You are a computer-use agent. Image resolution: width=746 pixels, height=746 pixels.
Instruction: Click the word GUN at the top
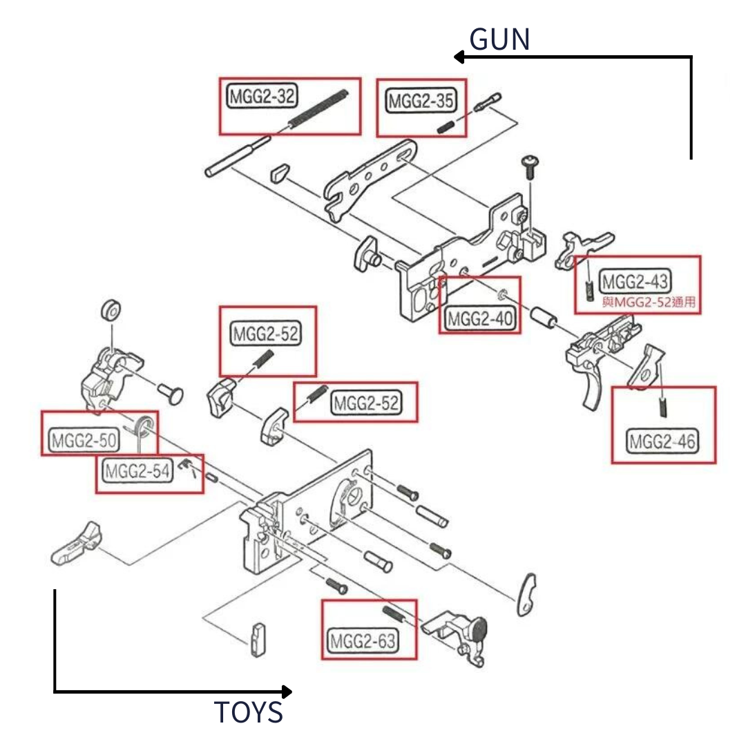click(499, 40)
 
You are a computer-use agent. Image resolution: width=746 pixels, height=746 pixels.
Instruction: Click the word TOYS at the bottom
click(249, 712)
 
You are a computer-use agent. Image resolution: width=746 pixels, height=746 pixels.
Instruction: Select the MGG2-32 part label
click(261, 97)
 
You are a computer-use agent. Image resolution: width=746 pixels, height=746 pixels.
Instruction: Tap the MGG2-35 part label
click(420, 102)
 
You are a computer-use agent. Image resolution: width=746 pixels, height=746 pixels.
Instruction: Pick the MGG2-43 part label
click(634, 282)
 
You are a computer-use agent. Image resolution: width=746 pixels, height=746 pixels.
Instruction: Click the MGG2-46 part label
click(662, 440)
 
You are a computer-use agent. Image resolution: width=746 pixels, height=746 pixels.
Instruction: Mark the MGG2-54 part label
click(137, 472)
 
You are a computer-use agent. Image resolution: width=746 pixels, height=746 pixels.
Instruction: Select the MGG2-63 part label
click(363, 642)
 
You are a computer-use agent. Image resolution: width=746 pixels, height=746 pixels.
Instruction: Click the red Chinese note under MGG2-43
click(648, 302)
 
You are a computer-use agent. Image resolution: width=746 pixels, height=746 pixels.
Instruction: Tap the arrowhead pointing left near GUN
click(459, 57)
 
